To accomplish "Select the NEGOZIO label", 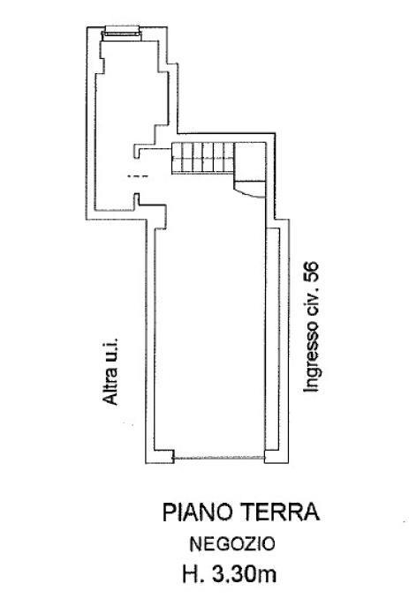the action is point(232,544).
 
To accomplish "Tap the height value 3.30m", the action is point(244,574).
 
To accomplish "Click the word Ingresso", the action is point(312,357).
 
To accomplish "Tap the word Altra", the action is point(110,385).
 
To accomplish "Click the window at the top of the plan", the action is point(121,33).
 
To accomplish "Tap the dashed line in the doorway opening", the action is point(138,176).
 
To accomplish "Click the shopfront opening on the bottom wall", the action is point(219,458).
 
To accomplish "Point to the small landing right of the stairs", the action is point(250,161).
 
